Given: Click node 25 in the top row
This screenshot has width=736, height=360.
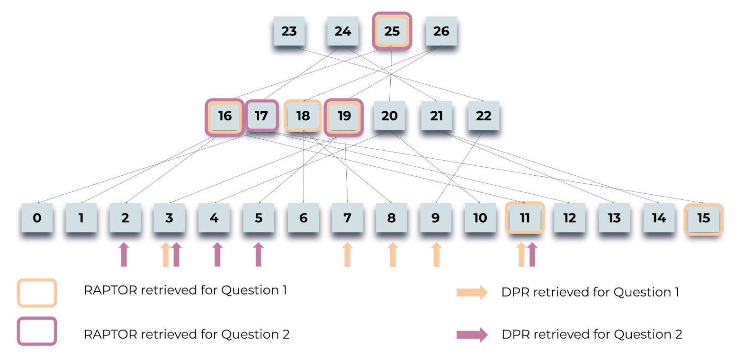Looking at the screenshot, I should tap(392, 31).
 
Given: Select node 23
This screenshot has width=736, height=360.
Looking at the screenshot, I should tap(289, 31).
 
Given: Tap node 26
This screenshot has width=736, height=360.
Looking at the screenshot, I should tap(441, 31).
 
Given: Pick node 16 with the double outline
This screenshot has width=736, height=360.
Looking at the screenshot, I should tap(224, 116).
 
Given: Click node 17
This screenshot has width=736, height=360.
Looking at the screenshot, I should tap(261, 116).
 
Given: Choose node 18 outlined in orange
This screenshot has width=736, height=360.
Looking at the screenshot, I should tap(303, 116).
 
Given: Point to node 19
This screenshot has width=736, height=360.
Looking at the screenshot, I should tap(344, 116).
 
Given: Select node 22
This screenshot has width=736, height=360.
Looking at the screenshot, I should tap(483, 116).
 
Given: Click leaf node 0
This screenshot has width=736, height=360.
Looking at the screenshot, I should tap(37, 218).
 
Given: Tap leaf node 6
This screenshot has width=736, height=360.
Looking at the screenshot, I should tap(303, 218).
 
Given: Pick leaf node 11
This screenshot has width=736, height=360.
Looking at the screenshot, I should tap(524, 218).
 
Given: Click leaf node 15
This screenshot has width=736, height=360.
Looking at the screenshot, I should tap(704, 218).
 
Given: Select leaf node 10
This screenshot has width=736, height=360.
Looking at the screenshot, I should tap(480, 218).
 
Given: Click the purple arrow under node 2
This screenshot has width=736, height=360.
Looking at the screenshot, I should tap(124, 254).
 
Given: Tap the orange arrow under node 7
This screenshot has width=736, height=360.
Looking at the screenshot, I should tap(347, 254).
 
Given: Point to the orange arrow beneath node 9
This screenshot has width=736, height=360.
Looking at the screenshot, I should tap(436, 254).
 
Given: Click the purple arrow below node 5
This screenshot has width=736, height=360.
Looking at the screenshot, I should tap(258, 254).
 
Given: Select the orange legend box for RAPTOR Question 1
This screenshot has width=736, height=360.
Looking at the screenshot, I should tap(37, 293).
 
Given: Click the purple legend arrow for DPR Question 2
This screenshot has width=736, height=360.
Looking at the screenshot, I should tap(472, 335).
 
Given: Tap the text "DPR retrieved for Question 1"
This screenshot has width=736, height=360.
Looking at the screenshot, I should tap(590, 292).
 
